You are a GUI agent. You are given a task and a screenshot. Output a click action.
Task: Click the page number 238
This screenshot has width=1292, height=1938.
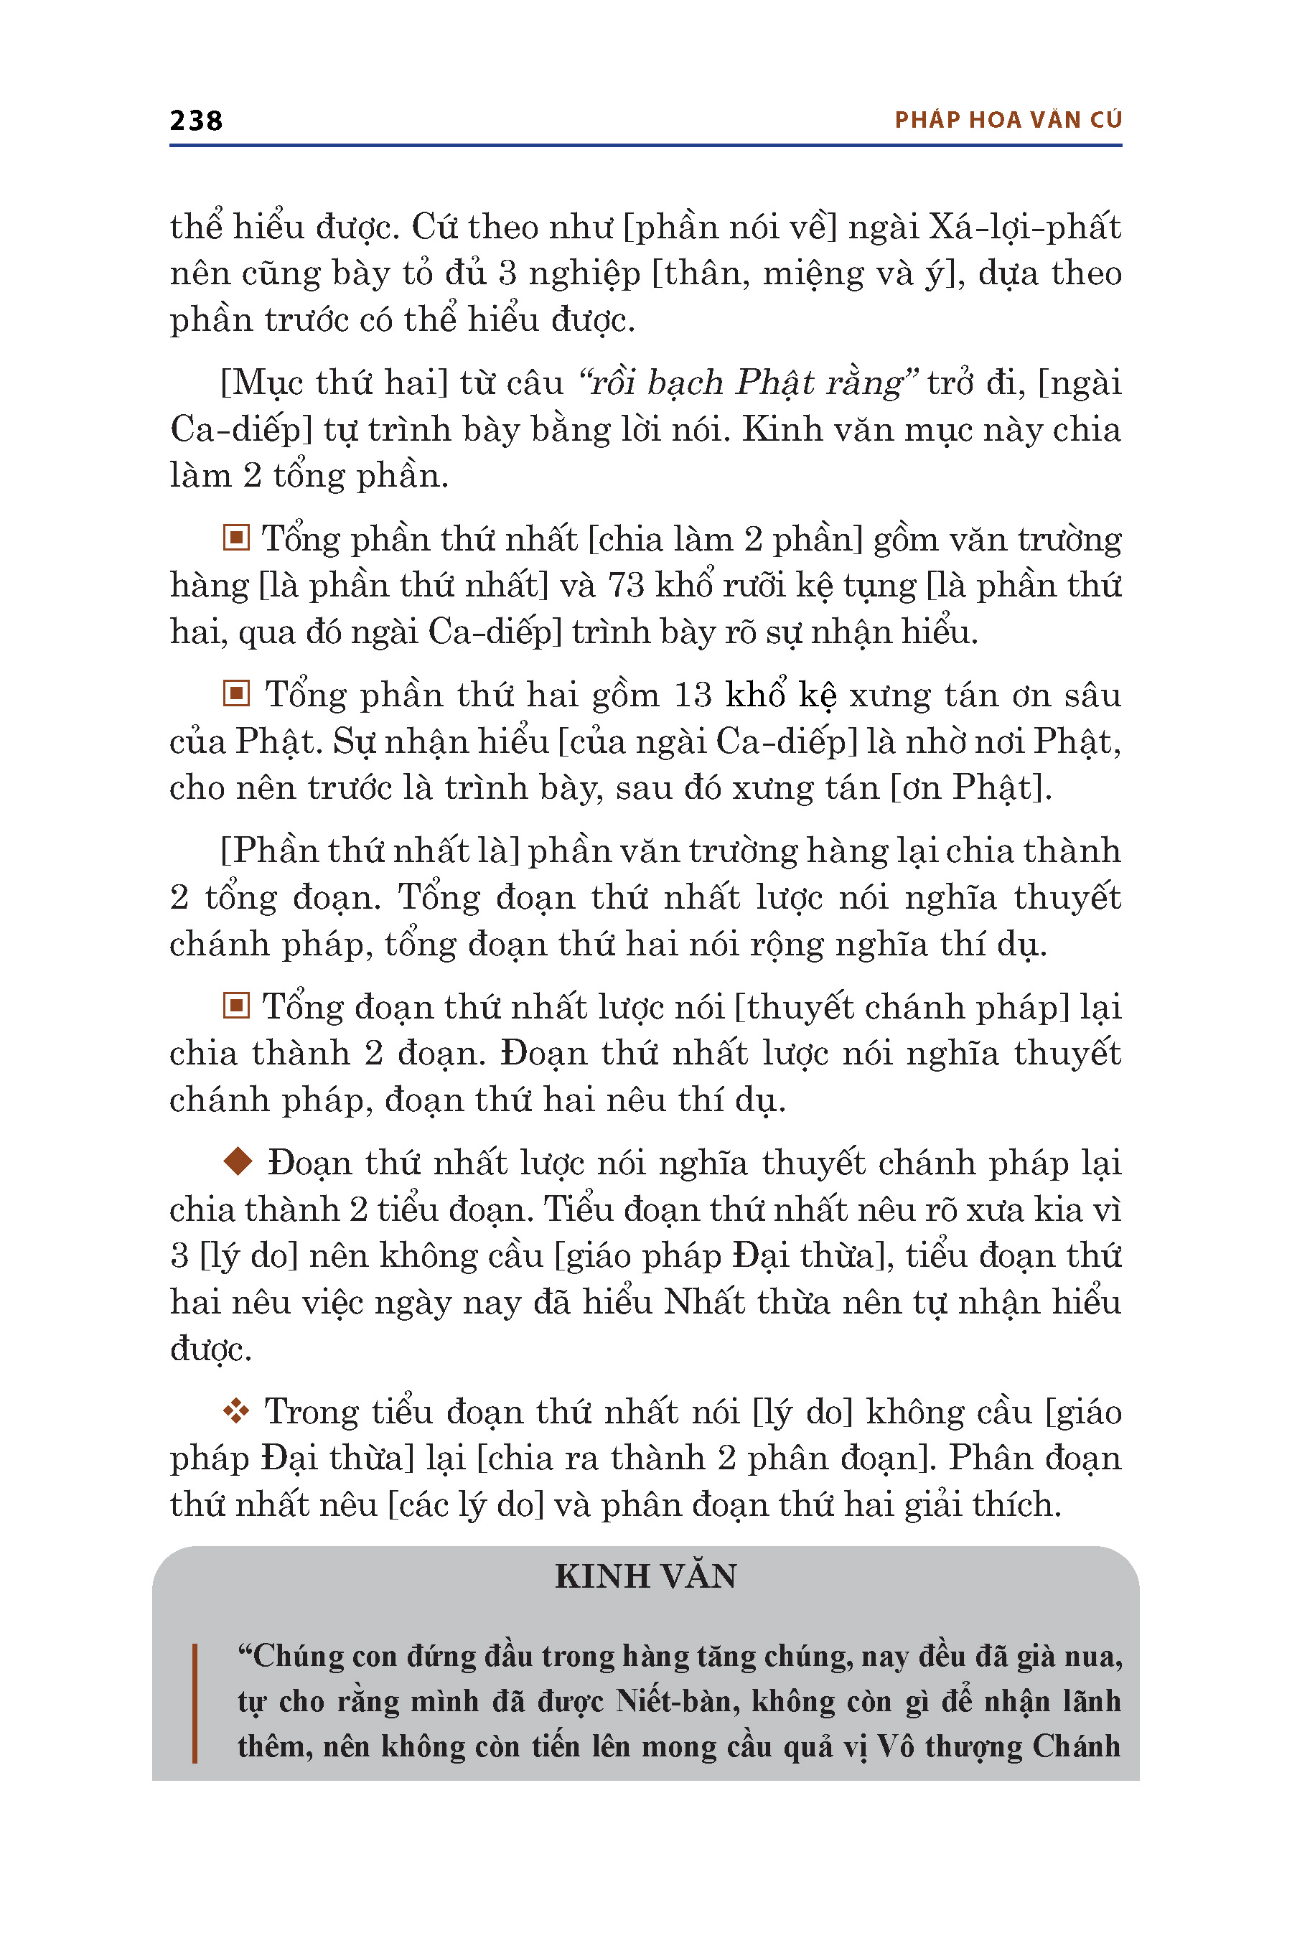pos(196,121)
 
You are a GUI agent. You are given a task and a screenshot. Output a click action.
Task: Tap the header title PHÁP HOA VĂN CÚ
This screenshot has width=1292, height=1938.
pos(1008,121)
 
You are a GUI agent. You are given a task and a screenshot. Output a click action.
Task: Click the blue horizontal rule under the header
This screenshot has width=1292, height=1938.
pos(645,146)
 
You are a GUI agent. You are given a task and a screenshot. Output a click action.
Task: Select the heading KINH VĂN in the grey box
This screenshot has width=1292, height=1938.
pos(645,1576)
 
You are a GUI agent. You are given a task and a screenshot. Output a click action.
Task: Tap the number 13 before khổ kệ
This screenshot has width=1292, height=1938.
pos(692,696)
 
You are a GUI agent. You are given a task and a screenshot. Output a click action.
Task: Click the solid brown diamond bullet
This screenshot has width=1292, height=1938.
pos(238,1162)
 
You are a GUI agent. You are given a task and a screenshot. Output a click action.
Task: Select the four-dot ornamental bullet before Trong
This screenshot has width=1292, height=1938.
pos(236,1411)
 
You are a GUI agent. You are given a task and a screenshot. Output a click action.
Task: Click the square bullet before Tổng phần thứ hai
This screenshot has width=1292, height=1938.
pos(236,695)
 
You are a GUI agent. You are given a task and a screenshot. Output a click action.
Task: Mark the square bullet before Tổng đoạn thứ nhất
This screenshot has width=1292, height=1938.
pos(236,1006)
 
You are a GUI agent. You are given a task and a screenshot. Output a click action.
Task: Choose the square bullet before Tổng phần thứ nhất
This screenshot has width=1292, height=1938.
pos(236,539)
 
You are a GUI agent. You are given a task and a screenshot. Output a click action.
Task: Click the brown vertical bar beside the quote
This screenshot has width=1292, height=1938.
pos(195,1703)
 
